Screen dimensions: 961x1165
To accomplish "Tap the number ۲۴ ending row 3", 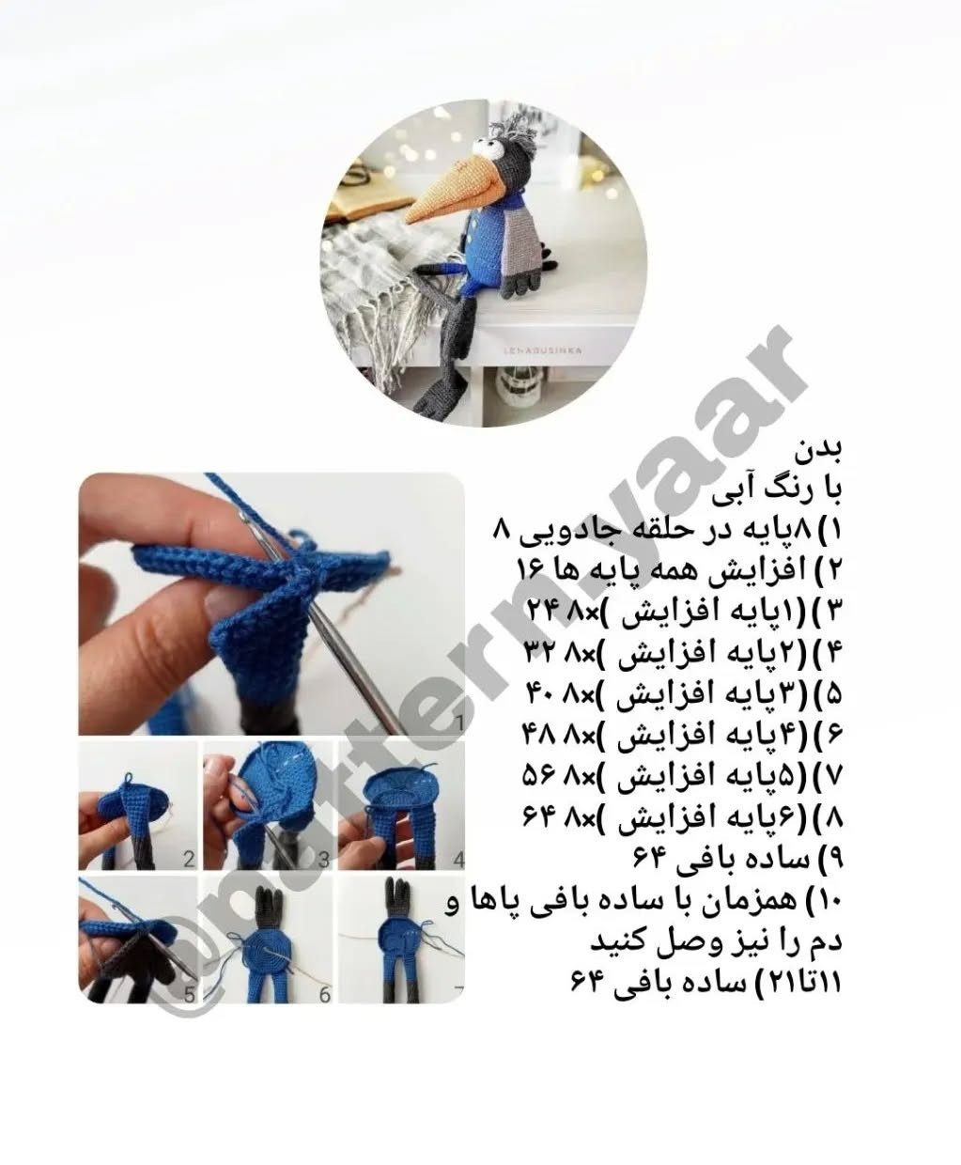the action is coord(541,613).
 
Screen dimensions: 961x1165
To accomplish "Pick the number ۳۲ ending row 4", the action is coord(540,653).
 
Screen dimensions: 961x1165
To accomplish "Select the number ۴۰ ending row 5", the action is coord(541,694).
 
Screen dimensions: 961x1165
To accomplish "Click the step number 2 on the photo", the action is coord(189,859).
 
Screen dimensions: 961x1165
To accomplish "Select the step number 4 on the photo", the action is coord(457,859).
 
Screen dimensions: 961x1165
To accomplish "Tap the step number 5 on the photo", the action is coord(189,994).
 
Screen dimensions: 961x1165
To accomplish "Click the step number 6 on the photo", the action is coord(324,994).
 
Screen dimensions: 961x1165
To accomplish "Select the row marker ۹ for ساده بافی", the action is coord(832,861).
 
